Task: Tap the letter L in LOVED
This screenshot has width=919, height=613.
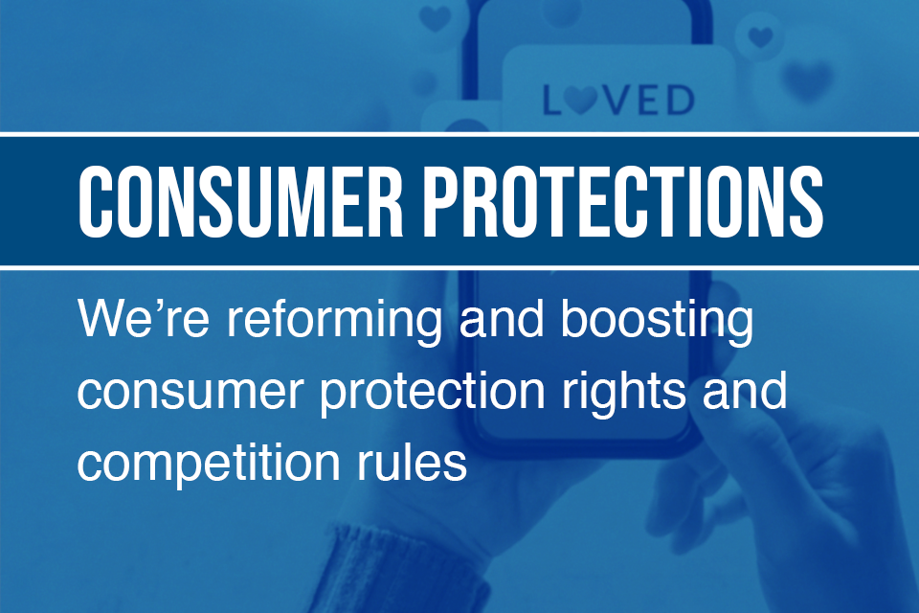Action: point(553,100)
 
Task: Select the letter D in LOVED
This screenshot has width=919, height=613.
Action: point(679,100)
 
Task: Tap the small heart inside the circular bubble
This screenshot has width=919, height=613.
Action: point(760,38)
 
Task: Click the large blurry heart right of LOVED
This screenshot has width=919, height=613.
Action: point(807,80)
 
